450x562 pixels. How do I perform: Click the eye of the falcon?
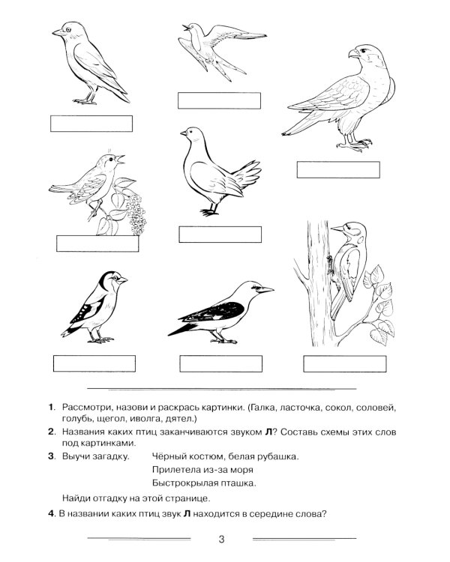[x=365, y=50]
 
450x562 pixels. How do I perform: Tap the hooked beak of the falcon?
[x=353, y=54]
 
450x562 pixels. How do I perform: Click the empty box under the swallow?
[x=219, y=100]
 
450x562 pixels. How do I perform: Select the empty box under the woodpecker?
[x=345, y=363]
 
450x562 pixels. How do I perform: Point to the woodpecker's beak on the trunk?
[x=337, y=229]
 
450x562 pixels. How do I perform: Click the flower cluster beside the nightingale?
[x=136, y=215]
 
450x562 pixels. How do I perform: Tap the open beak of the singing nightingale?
[x=120, y=160]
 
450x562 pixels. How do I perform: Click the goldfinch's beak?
[x=122, y=280]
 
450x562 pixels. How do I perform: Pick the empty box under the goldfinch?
[x=94, y=363]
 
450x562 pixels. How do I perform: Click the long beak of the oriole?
[x=265, y=289]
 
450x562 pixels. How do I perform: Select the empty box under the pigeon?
[x=220, y=235]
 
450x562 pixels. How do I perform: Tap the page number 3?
[x=221, y=539]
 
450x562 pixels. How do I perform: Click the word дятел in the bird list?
[x=182, y=419]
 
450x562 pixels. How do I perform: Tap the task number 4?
[x=51, y=514]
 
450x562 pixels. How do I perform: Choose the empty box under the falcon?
[x=338, y=169]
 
